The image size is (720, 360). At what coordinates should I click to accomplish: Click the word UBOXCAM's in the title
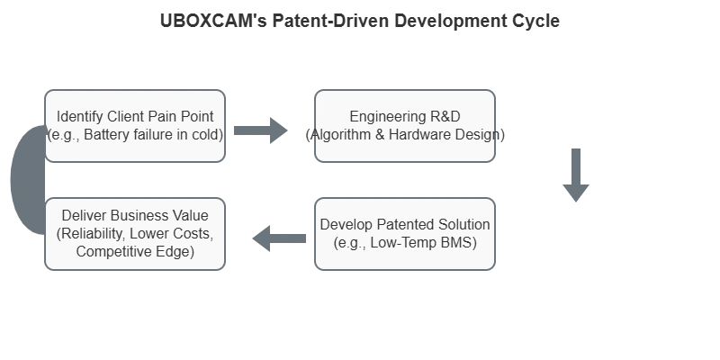point(213,21)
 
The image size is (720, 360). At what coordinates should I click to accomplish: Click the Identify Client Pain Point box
point(135,126)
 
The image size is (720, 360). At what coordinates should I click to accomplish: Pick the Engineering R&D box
point(405,126)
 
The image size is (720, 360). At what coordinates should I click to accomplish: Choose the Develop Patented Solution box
point(405,234)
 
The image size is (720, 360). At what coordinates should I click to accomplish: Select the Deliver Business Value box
point(135,234)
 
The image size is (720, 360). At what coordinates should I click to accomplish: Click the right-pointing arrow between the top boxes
point(261,130)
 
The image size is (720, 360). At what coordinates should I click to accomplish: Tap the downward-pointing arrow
point(576,175)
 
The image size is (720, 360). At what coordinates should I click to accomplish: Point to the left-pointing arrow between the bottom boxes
point(279,238)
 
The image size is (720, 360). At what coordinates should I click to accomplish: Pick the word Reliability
point(92,234)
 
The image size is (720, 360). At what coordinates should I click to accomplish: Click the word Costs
point(198,234)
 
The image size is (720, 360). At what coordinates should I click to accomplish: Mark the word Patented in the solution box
point(406,224)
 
